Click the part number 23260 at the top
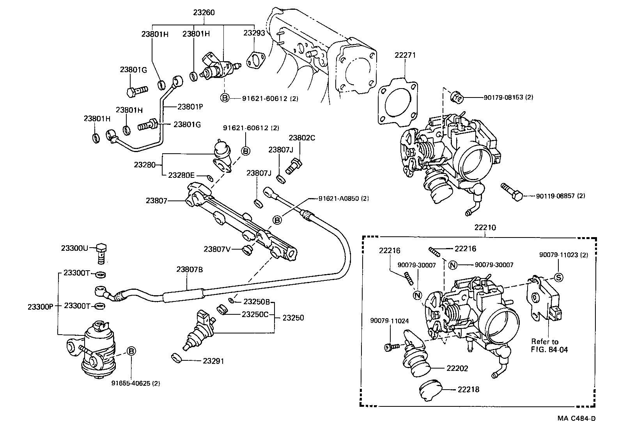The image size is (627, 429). (204, 12)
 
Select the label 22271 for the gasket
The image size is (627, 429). (405, 55)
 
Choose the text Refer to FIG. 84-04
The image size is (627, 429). (549, 346)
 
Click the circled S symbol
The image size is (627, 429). (558, 278)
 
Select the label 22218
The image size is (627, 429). (468, 389)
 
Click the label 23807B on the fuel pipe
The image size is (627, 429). (190, 269)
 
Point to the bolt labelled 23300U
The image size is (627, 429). (101, 253)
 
